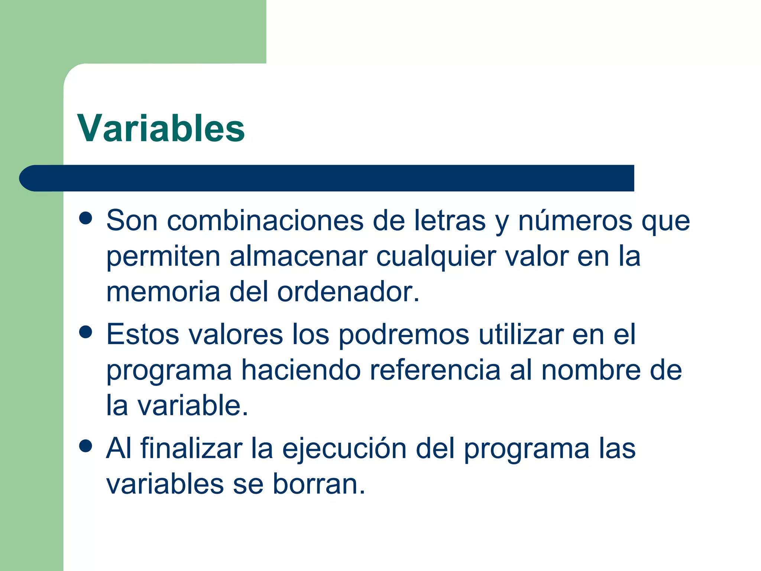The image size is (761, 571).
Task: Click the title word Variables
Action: tap(161, 128)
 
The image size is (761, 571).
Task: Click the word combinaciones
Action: tap(265, 220)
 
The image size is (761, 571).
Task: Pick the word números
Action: tap(575, 220)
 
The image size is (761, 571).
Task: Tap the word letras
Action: tap(450, 220)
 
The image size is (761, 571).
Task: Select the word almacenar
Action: tap(298, 257)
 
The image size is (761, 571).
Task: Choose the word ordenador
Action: tap(348, 292)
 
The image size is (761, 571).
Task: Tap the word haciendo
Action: tap(301, 370)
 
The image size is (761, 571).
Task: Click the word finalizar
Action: tap(191, 448)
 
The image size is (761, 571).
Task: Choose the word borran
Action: tap(319, 484)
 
